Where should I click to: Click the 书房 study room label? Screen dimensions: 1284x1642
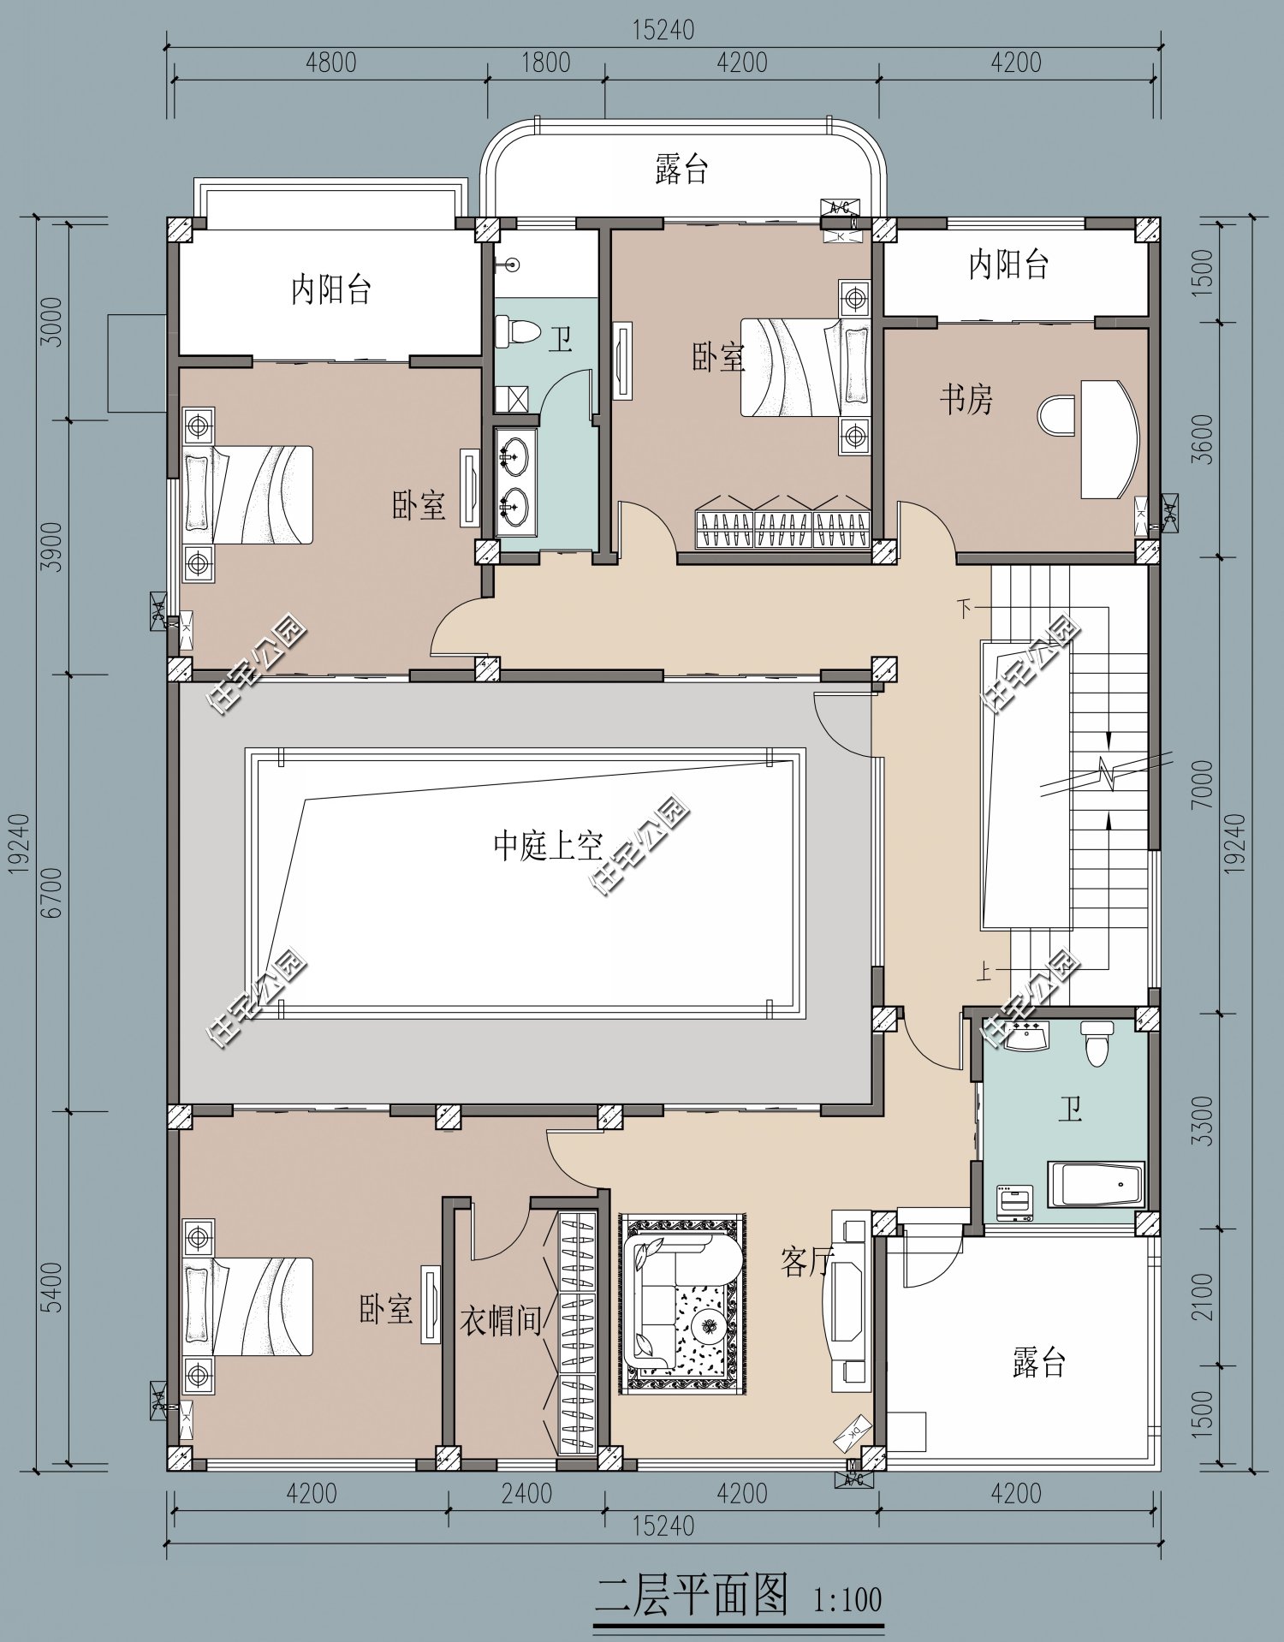(x=966, y=399)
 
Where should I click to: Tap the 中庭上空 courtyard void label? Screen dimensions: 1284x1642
(x=548, y=846)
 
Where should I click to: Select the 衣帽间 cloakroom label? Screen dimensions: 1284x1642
(x=502, y=1320)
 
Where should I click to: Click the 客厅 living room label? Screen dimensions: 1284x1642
(x=806, y=1261)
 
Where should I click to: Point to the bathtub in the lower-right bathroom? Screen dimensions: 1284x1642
(x=1097, y=1184)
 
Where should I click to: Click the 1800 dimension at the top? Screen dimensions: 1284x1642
(x=545, y=62)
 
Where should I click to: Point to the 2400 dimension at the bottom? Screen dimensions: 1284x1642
(x=526, y=1493)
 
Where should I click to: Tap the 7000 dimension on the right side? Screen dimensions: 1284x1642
(x=1202, y=784)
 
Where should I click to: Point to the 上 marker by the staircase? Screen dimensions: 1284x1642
(x=985, y=971)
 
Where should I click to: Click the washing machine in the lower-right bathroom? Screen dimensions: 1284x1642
(x=1014, y=1203)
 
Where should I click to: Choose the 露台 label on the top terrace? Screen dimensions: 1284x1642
(x=681, y=169)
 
